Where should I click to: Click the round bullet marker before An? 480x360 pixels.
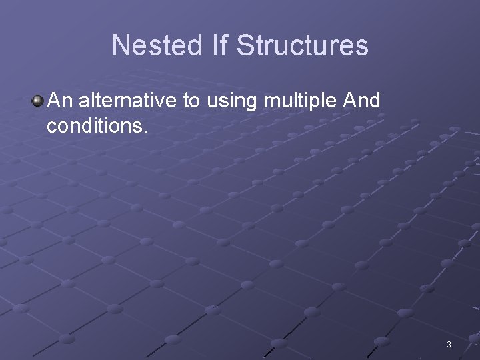37,101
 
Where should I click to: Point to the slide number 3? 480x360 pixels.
449,345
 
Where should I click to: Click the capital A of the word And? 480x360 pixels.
347,101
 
